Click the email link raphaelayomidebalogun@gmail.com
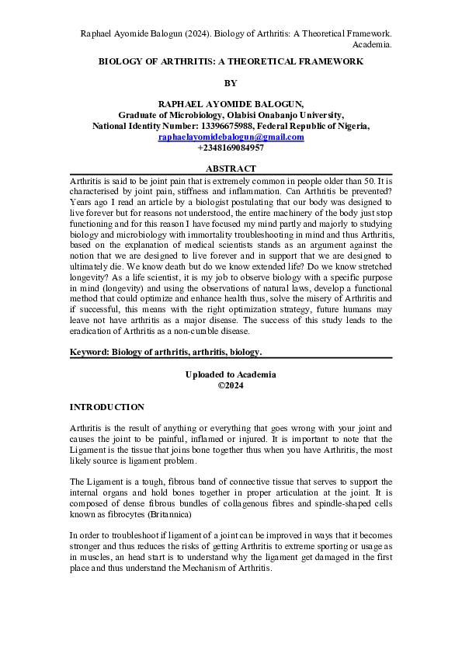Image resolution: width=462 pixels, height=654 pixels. click(x=231, y=137)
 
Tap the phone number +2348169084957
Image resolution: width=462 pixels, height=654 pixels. click(x=231, y=148)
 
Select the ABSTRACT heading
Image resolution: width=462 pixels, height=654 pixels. click(x=231, y=169)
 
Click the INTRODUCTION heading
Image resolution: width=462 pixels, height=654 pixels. click(x=106, y=406)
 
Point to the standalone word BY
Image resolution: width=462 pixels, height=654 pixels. click(x=231, y=82)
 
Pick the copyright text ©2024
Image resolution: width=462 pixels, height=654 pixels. click(x=231, y=385)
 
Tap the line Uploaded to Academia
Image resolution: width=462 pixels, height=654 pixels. click(x=231, y=374)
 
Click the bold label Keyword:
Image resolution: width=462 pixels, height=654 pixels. click(x=89, y=351)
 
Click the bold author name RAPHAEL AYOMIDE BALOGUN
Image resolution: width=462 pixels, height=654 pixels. click(x=231, y=103)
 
